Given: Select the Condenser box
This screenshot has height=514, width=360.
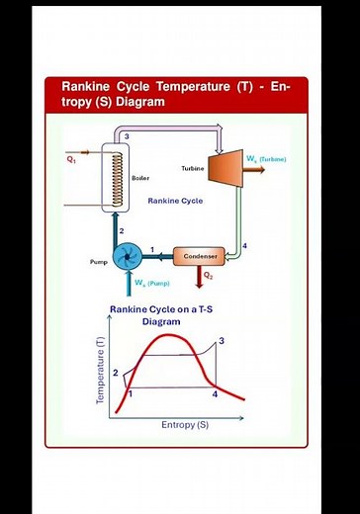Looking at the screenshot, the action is pyautogui.click(x=200, y=257).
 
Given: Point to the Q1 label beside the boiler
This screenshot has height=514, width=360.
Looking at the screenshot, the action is pyautogui.click(x=71, y=158).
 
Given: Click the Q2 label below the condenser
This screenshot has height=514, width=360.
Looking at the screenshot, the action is pyautogui.click(x=208, y=276).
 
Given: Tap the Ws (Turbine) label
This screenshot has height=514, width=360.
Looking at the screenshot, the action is pyautogui.click(x=265, y=158).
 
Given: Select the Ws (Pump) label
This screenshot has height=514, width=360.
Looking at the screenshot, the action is pyautogui.click(x=152, y=284).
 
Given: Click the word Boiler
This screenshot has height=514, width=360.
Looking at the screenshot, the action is pyautogui.click(x=139, y=179).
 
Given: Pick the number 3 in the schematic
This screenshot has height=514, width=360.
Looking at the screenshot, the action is pyautogui.click(x=127, y=134).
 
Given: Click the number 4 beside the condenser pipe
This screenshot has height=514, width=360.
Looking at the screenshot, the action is pyautogui.click(x=244, y=244).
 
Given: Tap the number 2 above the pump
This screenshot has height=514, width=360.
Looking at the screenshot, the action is pyautogui.click(x=121, y=230).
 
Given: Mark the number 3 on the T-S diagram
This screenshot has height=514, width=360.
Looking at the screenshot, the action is pyautogui.click(x=222, y=341).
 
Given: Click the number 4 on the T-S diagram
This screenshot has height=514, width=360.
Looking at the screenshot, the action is pyautogui.click(x=215, y=394).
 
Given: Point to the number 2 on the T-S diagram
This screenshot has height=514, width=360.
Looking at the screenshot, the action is pyautogui.click(x=116, y=373).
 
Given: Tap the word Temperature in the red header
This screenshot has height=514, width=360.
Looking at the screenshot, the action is pyautogui.click(x=195, y=86).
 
